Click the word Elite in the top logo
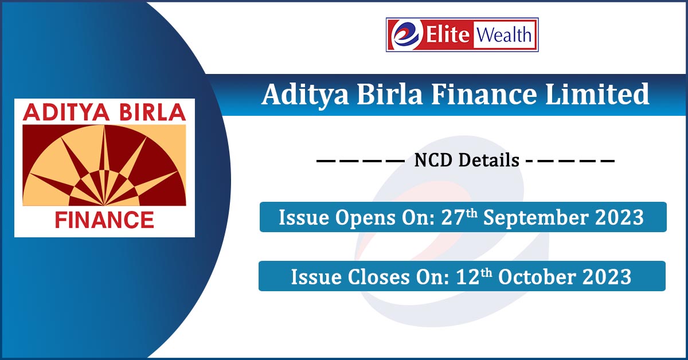(x=448, y=35)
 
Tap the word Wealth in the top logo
(x=504, y=35)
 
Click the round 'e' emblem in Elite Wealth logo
(x=406, y=35)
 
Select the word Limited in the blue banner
(x=597, y=94)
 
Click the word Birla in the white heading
(x=389, y=94)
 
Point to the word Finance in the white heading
(x=484, y=94)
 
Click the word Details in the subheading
(x=488, y=160)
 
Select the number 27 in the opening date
(x=453, y=217)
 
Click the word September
(x=536, y=218)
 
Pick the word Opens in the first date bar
(x=366, y=218)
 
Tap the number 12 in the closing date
(x=468, y=276)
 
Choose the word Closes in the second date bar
(x=379, y=276)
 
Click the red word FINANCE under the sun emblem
(x=104, y=220)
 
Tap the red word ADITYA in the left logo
(x=66, y=112)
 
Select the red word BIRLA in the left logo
(x=153, y=112)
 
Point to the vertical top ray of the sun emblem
(x=104, y=166)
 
